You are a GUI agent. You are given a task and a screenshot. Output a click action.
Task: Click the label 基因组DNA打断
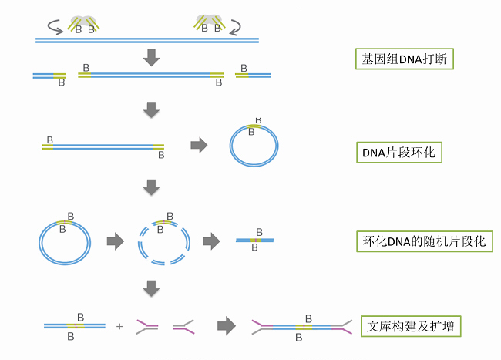(x=404, y=59)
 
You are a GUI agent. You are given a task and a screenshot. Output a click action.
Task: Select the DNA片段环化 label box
(x=398, y=152)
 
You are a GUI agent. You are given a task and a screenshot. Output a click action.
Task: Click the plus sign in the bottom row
(x=119, y=327)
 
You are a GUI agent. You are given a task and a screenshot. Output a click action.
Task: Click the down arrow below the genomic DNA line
(x=152, y=56)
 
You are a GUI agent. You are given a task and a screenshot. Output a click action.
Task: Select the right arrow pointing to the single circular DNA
(x=199, y=145)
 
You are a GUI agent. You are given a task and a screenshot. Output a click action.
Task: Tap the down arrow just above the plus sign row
(x=152, y=288)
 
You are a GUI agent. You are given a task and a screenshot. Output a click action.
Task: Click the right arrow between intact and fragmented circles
(x=114, y=241)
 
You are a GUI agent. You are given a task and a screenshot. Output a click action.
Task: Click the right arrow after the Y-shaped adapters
(x=225, y=326)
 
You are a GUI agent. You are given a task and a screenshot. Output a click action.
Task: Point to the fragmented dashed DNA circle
(x=163, y=244)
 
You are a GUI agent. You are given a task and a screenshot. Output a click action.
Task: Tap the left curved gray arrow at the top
(x=55, y=27)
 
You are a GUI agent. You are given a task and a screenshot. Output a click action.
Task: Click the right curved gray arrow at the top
(x=244, y=27)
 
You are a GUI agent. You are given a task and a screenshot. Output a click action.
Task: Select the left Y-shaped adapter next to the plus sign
(x=148, y=327)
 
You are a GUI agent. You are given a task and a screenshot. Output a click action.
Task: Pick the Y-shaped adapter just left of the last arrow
(x=183, y=327)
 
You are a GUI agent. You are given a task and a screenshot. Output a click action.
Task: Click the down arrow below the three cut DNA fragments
(x=152, y=110)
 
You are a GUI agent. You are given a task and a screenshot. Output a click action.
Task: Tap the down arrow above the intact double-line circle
(x=152, y=187)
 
